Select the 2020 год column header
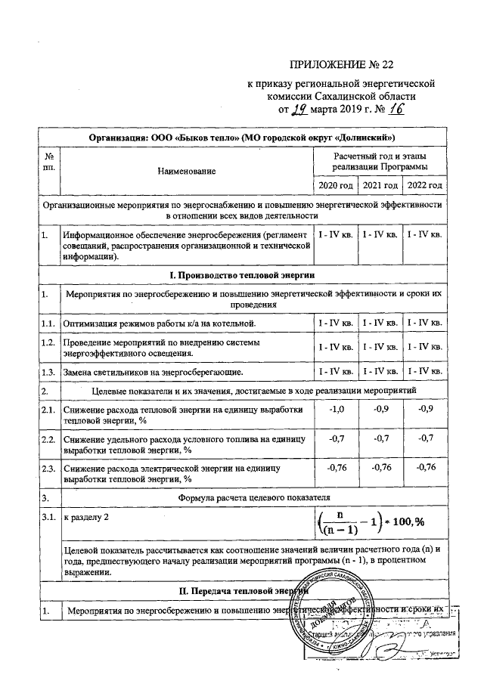tap(334, 186)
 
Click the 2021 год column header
tap(380, 186)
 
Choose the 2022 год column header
tap(426, 186)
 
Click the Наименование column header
tap(186, 171)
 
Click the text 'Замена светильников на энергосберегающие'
tap(153, 372)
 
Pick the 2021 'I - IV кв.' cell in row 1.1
tap(380, 324)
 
